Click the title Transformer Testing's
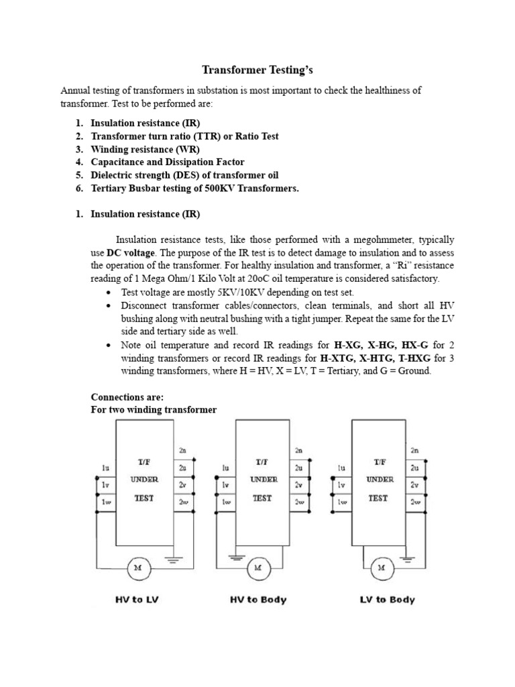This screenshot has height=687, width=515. pyautogui.click(x=257, y=69)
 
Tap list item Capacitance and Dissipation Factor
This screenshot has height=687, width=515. pyautogui.click(x=168, y=162)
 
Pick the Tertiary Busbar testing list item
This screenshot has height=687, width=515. pyautogui.click(x=194, y=188)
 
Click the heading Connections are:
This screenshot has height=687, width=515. pyautogui.click(x=127, y=397)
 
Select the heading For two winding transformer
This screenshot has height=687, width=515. pyautogui.click(x=154, y=409)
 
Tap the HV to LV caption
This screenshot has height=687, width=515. pyautogui.click(x=138, y=600)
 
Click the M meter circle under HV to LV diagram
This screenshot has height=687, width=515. pyautogui.click(x=139, y=569)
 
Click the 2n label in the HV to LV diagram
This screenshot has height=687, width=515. pyautogui.click(x=183, y=450)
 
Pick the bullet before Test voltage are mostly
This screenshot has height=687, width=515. pyautogui.click(x=109, y=293)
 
